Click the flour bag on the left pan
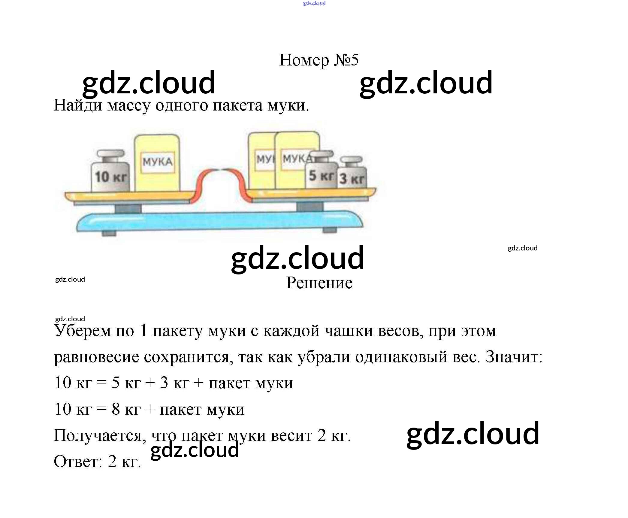click(157, 163)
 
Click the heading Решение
click(319, 283)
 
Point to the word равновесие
click(96, 357)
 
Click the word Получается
click(100, 435)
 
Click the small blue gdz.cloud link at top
click(314, 3)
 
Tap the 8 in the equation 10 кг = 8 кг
click(116, 409)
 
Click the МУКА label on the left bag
click(158, 162)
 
